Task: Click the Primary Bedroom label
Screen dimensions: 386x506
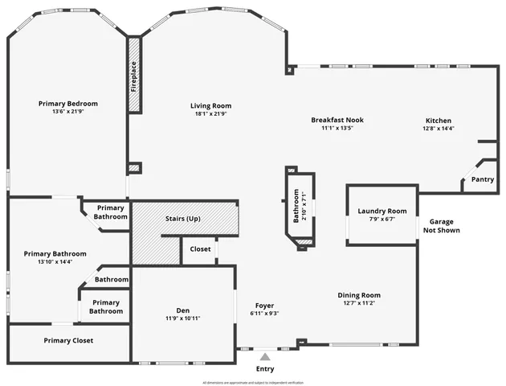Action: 68,104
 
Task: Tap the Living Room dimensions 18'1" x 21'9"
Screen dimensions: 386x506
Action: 210,114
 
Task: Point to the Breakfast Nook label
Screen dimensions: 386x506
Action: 332,120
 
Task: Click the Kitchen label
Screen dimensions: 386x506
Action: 438,120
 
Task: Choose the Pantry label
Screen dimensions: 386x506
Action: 482,179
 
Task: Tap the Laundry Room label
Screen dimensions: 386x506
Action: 382,211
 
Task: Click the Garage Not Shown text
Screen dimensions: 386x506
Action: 442,226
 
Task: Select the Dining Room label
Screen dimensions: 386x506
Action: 358,295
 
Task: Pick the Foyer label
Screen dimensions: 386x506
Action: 264,306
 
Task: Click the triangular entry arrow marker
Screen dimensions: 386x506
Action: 264,355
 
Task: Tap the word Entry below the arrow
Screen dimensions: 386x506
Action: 264,368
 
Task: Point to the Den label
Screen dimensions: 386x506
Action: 183,310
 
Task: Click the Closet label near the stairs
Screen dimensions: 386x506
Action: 200,249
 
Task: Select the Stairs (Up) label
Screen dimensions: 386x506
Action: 182,219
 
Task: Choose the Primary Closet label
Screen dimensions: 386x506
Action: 68,340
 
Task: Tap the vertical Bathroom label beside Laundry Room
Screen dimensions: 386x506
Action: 296,206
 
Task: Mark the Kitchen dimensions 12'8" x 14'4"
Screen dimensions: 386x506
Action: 439,128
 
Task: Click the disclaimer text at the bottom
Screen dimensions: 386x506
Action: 252,382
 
